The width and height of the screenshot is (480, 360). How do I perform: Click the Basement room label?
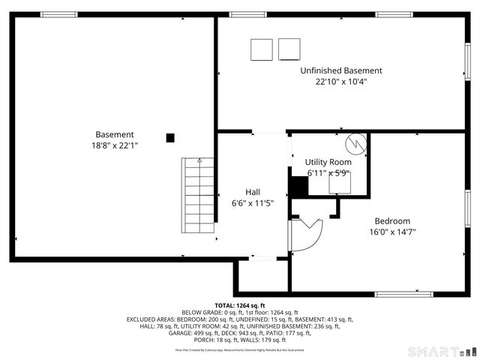pyautogui.click(x=115, y=134)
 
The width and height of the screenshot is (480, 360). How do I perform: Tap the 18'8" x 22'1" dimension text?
pyautogui.click(x=115, y=146)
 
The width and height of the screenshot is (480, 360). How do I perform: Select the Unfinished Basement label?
pyautogui.click(x=341, y=70)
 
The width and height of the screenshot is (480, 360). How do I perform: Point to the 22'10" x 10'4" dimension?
pyautogui.click(x=341, y=82)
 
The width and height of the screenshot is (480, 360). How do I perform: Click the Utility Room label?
pyautogui.click(x=328, y=162)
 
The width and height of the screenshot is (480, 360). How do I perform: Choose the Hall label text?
pyautogui.click(x=253, y=191)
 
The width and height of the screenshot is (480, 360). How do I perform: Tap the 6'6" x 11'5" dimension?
pyautogui.click(x=253, y=203)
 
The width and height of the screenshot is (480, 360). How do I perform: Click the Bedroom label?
pyautogui.click(x=392, y=220)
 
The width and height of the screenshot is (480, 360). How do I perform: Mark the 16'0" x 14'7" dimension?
pyautogui.click(x=392, y=232)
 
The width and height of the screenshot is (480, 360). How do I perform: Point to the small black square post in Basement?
pyautogui.click(x=170, y=137)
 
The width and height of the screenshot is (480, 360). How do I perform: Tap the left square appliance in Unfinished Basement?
pyautogui.click(x=262, y=49)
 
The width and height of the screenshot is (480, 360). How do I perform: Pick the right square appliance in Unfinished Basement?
pyautogui.click(x=289, y=49)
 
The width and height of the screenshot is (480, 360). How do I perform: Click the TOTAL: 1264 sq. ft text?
pyautogui.click(x=239, y=306)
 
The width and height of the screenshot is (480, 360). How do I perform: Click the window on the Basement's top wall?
pyautogui.click(x=59, y=14)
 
